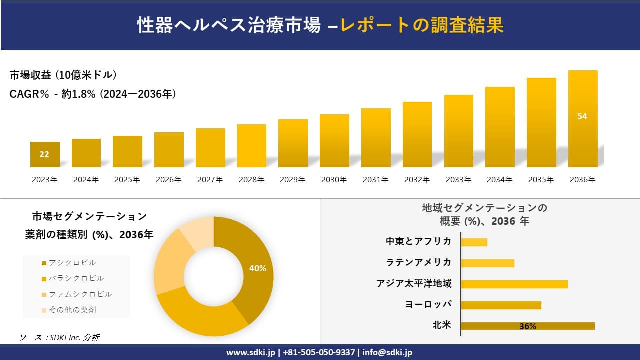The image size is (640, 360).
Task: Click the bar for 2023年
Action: pyautogui.click(x=45, y=155)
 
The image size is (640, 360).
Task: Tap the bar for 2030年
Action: pyautogui.click(x=334, y=141)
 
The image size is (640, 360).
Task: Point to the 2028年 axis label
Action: pyautogui.click(x=251, y=180)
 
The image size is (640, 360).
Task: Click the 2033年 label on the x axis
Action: pyautogui.click(x=458, y=180)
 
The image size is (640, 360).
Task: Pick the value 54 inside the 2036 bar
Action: pyautogui.click(x=582, y=116)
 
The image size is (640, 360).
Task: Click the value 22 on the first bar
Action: pyautogui.click(x=44, y=154)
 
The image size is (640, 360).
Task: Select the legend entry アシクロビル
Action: pyautogui.click(x=72, y=263)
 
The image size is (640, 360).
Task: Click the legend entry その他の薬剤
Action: pyautogui.click(x=72, y=310)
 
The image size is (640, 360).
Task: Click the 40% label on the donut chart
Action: pyautogui.click(x=257, y=268)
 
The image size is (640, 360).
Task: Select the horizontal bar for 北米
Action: pyautogui.click(x=527, y=326)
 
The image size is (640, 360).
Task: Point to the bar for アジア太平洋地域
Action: pyautogui.click(x=514, y=284)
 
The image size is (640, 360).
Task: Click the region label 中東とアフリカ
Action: pyautogui.click(x=418, y=241)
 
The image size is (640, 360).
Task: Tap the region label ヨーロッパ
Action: pyautogui.click(x=428, y=304)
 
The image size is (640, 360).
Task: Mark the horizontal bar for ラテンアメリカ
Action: pyautogui.click(x=487, y=263)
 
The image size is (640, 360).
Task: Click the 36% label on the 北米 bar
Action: pyautogui.click(x=527, y=326)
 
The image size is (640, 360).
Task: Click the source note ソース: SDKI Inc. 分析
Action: pyautogui.click(x=59, y=337)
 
